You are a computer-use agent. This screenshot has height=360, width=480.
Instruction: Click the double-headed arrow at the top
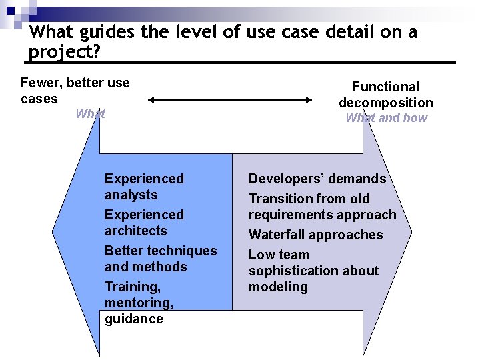point(230,100)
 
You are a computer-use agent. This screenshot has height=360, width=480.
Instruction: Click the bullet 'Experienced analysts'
point(144,187)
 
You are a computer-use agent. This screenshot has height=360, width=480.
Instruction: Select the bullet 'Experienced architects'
point(144,223)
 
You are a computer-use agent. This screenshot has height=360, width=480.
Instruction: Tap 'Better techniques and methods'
point(161,259)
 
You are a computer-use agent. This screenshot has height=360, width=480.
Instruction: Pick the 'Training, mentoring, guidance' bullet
point(139,303)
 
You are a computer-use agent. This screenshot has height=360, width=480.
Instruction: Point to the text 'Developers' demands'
point(317,179)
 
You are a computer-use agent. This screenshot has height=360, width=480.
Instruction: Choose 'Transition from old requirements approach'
point(322,207)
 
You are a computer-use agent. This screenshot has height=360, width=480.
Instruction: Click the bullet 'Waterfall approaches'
point(315,235)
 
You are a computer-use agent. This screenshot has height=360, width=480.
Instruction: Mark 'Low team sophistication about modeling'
point(313,271)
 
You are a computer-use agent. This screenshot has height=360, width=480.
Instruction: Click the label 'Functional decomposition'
point(385,95)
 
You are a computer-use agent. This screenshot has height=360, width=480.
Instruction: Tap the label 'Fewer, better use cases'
point(75,91)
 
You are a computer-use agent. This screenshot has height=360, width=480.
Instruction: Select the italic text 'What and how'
point(386,118)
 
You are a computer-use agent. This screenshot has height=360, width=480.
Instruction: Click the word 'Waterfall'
point(277,235)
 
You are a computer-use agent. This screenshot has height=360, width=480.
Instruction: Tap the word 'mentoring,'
point(139,303)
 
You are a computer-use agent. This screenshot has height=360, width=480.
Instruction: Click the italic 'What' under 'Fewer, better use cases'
point(90,114)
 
